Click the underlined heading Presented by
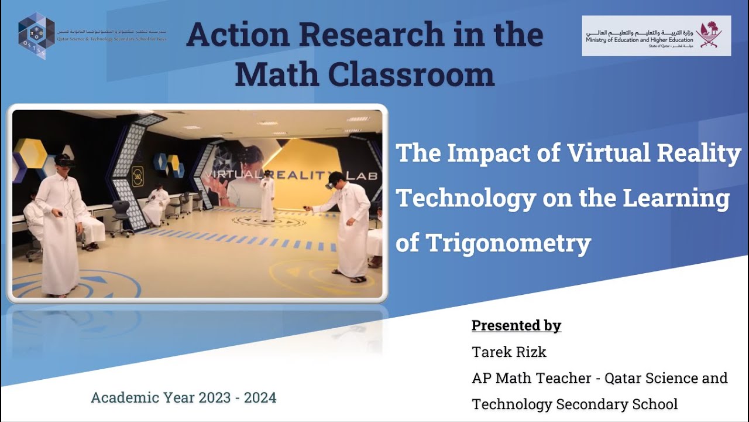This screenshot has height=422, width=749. [x=516, y=326]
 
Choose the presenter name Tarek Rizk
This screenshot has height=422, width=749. [x=509, y=352]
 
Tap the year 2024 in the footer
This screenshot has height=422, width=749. [x=260, y=398]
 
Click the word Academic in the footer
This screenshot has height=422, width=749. [x=122, y=398]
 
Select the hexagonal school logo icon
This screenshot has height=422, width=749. [x=36, y=36]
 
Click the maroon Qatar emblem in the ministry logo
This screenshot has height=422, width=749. [x=713, y=34]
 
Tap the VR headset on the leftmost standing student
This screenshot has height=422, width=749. [x=65, y=161]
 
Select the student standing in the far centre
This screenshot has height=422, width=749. [x=267, y=196]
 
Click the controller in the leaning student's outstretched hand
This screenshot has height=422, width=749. [x=305, y=206]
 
